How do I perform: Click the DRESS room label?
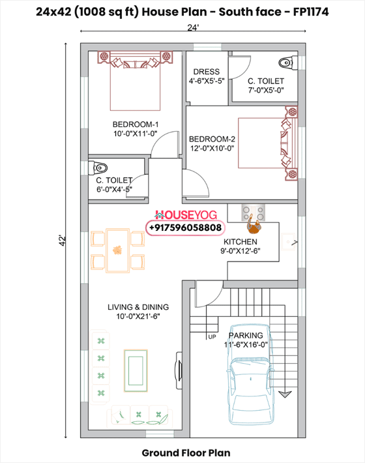point(206,72)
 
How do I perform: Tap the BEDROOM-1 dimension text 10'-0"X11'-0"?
point(136,134)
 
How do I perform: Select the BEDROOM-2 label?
point(212,139)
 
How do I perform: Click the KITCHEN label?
point(241,242)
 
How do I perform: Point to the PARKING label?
point(246,335)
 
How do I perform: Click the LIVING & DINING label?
point(138,307)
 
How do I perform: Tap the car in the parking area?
point(250,375)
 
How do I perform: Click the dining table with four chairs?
point(118,250)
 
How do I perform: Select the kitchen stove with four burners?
point(253,213)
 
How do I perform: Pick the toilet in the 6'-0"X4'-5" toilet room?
point(98,168)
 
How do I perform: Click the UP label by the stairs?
point(212,337)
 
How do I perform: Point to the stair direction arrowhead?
point(285,394)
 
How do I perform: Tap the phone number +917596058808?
point(185,228)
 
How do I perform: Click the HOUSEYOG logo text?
point(186,215)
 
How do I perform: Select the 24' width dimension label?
point(193,27)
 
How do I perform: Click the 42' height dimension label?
point(63,241)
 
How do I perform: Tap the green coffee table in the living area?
point(136,370)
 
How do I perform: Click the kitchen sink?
point(288,242)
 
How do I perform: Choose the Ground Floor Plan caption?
point(186,453)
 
